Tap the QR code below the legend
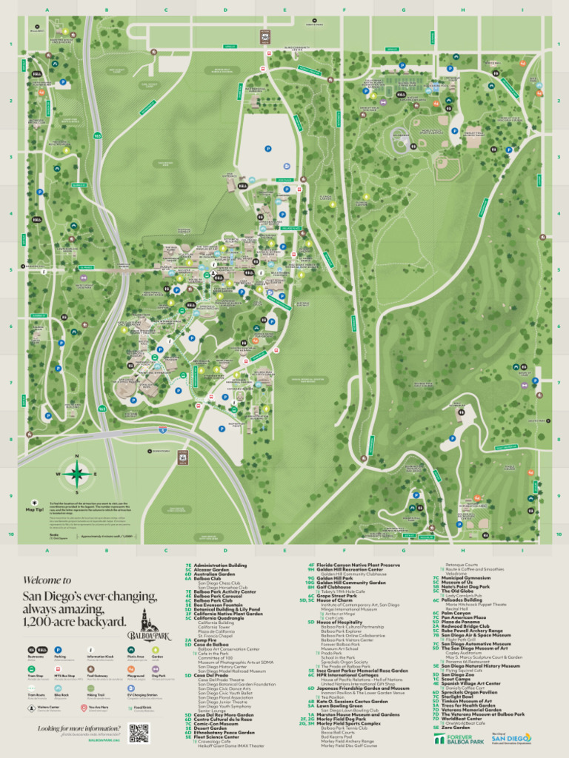coord(139,733)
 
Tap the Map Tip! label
coord(35,510)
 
